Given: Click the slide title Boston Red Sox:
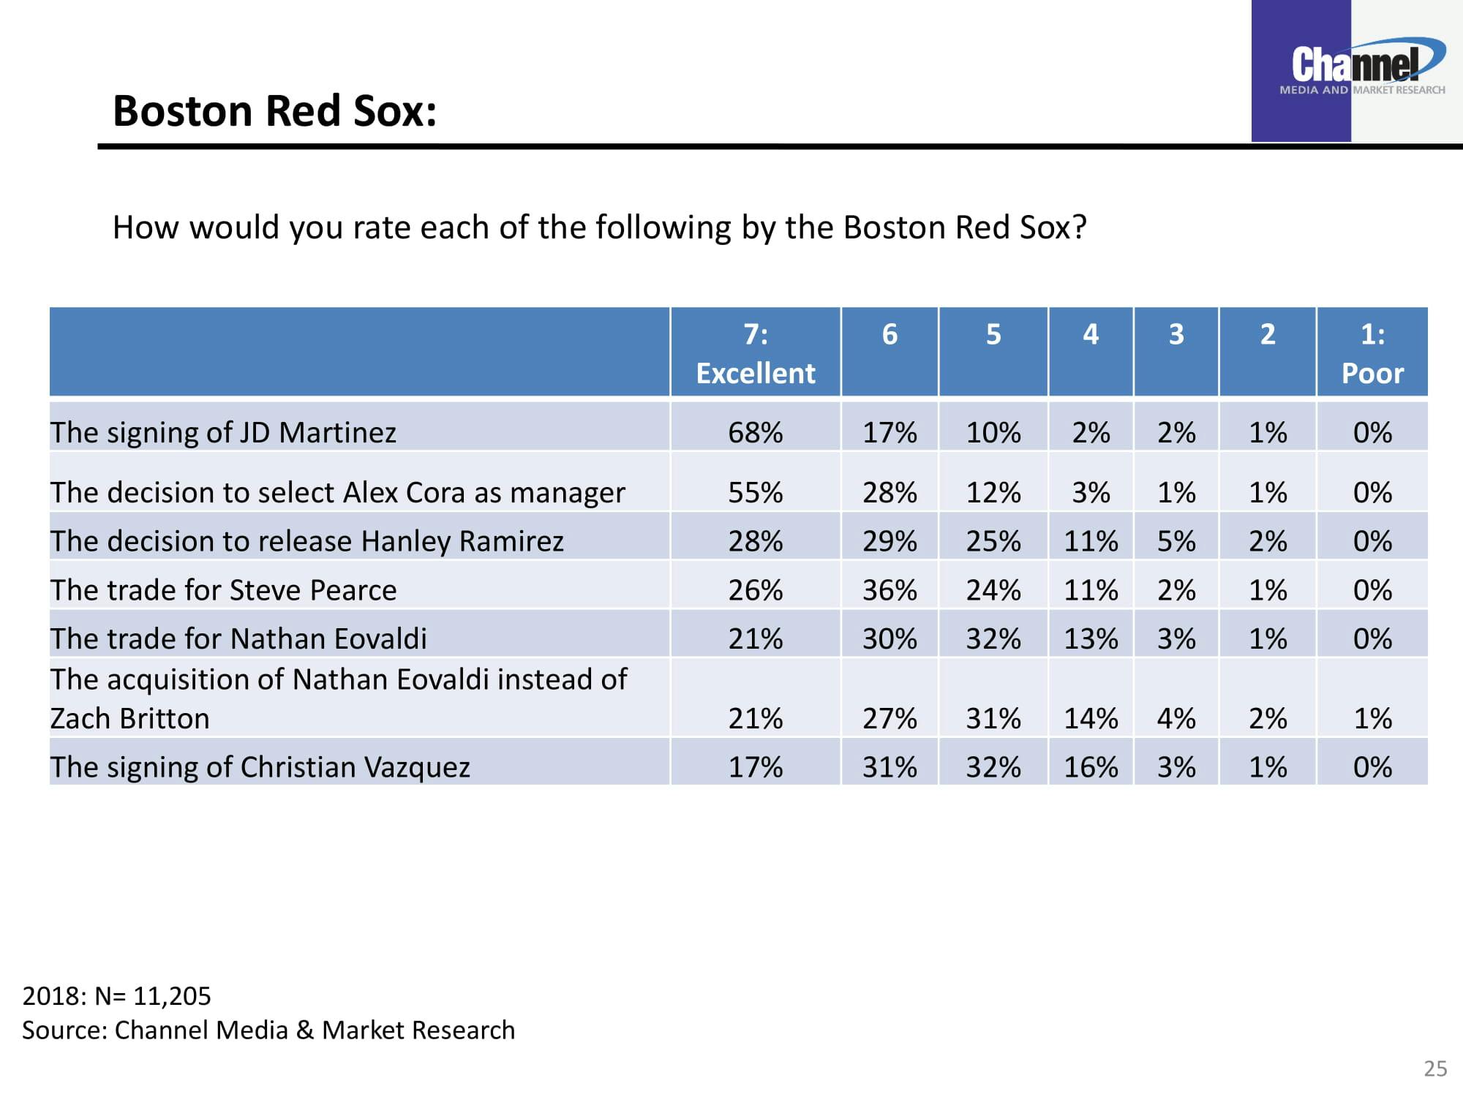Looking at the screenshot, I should (274, 111).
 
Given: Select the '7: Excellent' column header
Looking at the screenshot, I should (755, 353).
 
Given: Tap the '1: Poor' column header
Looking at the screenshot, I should (1372, 353).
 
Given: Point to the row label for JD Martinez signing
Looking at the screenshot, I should (223, 432).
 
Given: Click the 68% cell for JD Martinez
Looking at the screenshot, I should (755, 432).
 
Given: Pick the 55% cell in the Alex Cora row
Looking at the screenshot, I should (755, 492).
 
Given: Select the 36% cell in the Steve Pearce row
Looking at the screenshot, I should (890, 590).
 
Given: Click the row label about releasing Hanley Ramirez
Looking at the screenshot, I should (306, 541).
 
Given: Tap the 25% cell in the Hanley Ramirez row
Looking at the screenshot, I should (993, 541).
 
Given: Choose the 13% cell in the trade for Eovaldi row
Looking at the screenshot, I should (1091, 639).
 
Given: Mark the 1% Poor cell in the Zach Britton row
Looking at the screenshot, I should (1372, 718).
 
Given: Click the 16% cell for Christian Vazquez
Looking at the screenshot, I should (1091, 767).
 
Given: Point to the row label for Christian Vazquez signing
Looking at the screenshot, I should (260, 767).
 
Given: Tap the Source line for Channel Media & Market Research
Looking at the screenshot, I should (268, 1030).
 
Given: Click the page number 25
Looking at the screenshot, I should (1435, 1069).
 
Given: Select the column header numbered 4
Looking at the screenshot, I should (1091, 334).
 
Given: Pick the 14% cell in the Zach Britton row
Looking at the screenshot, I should (1091, 718).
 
